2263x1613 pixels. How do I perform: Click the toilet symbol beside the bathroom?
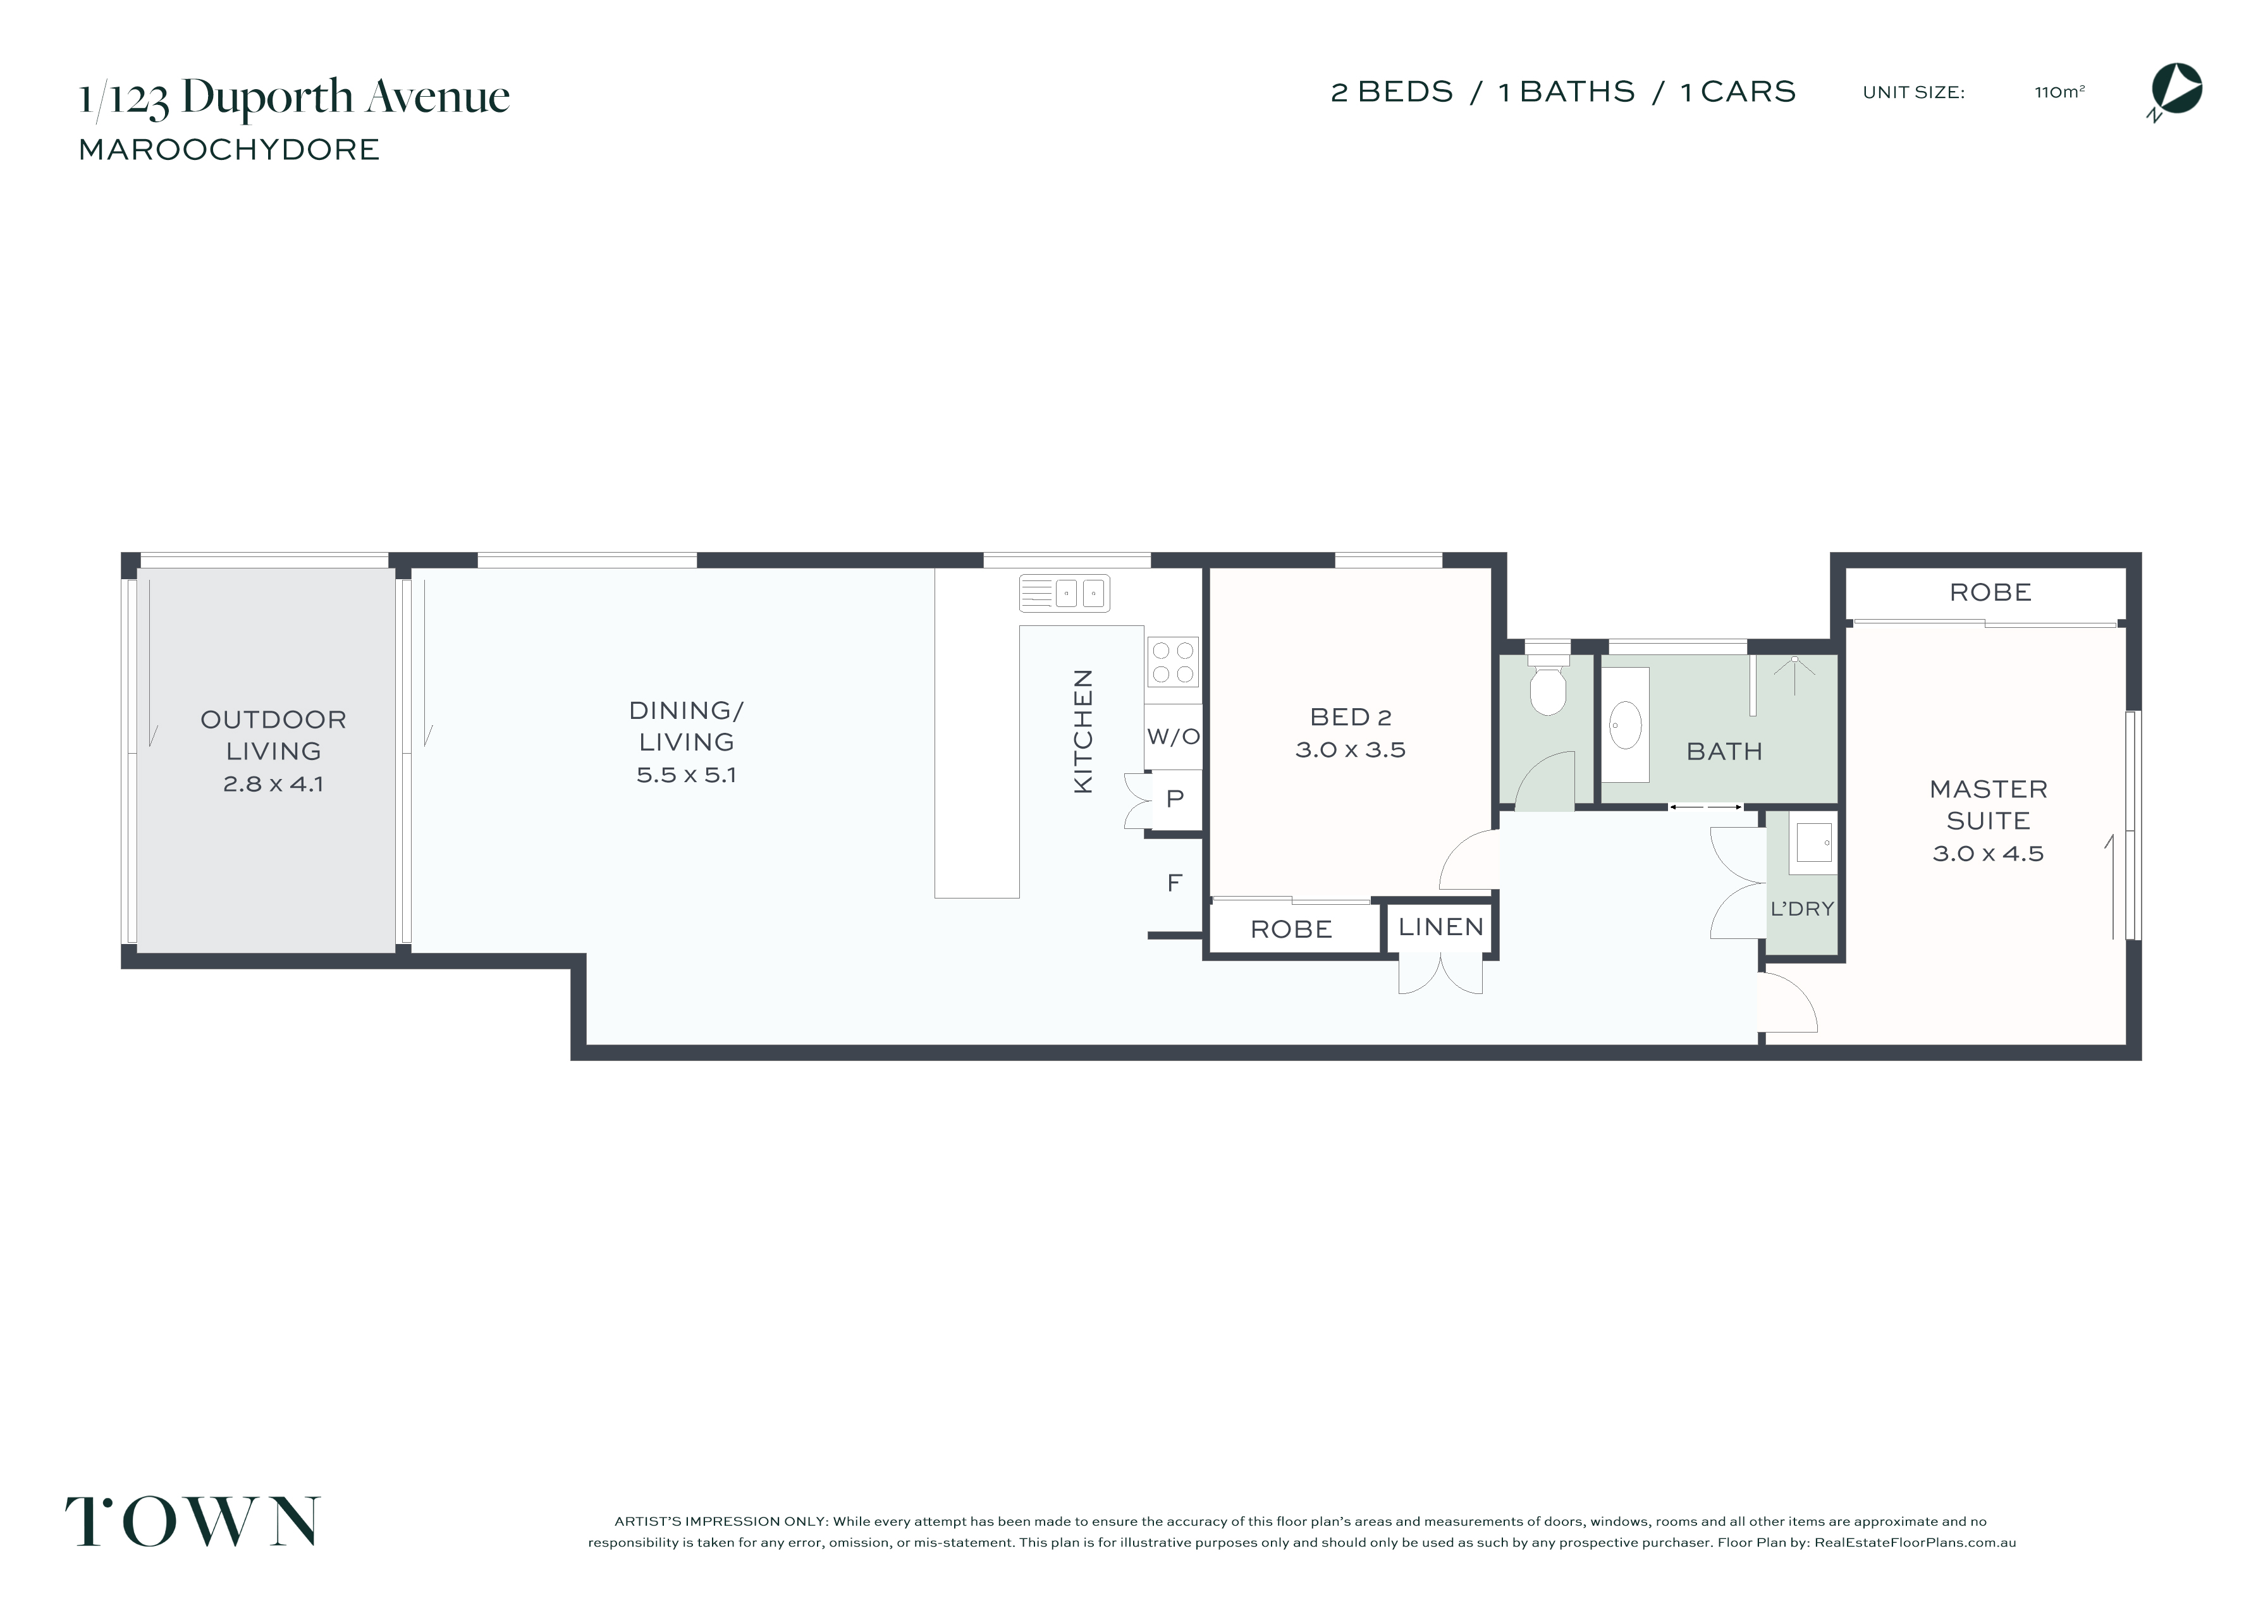coord(1547,679)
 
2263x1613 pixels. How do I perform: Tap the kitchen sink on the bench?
coord(1064,594)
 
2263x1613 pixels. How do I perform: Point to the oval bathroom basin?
coord(1624,725)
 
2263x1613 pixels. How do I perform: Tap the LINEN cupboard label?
coord(1441,927)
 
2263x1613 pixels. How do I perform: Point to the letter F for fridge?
coord(1174,882)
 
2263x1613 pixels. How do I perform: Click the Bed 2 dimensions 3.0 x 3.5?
coord(1351,750)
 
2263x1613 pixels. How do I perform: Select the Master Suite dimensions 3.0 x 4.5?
coord(1988,853)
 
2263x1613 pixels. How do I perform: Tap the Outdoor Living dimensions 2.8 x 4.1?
coord(273,783)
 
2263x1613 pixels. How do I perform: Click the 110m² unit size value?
coord(2059,92)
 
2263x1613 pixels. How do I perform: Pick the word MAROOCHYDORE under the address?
coord(230,150)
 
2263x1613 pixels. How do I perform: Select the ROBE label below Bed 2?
coord(1291,929)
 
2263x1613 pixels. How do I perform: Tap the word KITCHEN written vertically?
coord(1083,731)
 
